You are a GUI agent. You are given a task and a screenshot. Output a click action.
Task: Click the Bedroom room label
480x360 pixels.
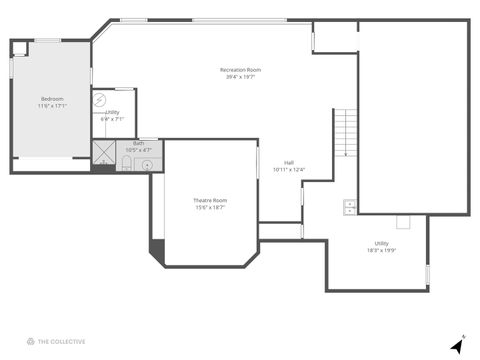(52, 98)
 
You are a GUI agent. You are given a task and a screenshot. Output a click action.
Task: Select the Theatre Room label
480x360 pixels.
(210, 200)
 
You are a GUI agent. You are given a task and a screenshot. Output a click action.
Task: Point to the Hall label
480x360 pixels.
(288, 162)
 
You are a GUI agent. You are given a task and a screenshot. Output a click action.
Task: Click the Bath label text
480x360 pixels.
(138, 143)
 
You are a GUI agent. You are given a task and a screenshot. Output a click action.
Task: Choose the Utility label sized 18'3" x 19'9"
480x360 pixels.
(382, 243)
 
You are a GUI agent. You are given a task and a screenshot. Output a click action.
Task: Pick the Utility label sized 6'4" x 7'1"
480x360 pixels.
(112, 112)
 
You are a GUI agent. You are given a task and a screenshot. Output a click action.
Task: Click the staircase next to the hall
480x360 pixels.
(345, 132)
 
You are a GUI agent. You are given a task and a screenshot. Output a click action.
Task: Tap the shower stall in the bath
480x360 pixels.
(104, 152)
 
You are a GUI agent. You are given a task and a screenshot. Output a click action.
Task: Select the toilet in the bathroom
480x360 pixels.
(127, 161)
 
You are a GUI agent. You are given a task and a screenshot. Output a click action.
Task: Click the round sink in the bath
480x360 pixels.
(146, 162)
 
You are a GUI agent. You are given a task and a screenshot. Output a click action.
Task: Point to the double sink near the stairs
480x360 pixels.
(350, 207)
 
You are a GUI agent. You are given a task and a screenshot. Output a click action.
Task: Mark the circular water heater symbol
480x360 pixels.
(99, 100)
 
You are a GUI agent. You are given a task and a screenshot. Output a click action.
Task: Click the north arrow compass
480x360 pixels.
(457, 344)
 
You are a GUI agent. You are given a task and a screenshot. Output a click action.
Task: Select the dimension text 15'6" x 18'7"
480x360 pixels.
(210, 208)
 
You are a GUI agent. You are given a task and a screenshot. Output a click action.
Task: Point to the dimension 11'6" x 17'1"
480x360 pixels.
(52, 105)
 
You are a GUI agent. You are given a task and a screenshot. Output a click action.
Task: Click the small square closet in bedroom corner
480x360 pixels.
(21, 47)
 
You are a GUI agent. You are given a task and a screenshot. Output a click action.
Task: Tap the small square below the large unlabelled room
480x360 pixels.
(403, 222)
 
